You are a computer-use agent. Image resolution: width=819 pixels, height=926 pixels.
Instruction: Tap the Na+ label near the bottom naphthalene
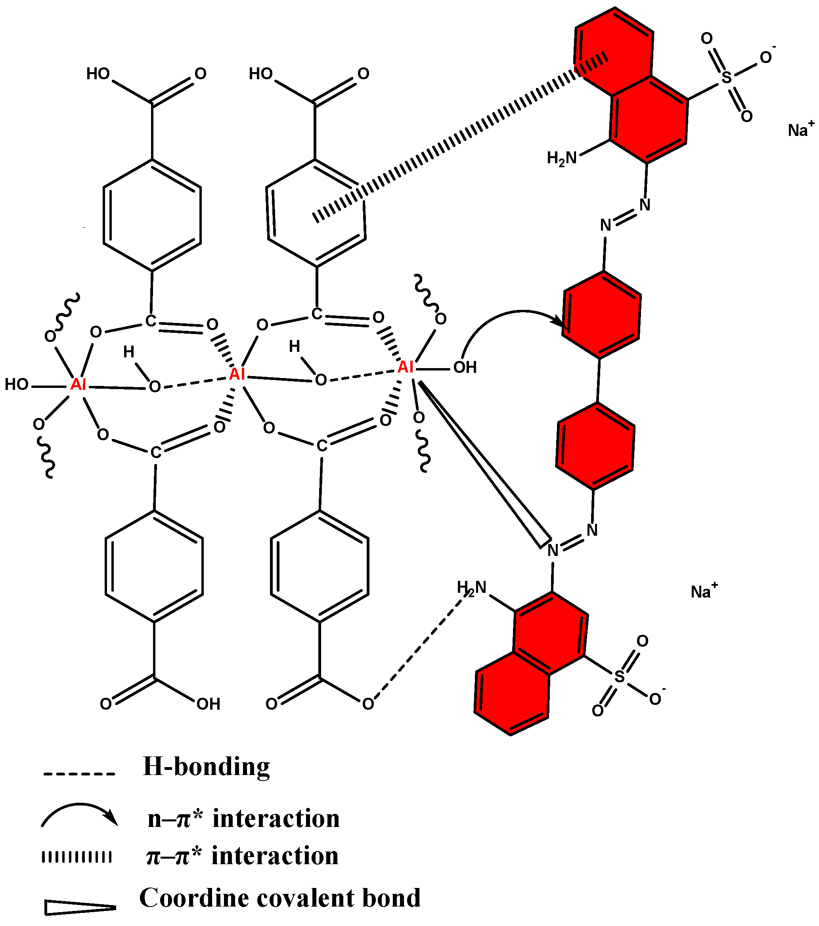click(x=703, y=591)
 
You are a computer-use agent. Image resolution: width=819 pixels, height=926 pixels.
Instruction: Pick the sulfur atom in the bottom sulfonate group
click(x=619, y=677)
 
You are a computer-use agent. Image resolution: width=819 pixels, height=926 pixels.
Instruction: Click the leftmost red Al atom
click(x=78, y=385)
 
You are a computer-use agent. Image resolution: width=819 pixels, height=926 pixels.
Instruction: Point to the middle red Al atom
click(x=237, y=374)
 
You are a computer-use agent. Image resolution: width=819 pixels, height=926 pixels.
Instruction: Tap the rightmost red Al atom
click(x=405, y=367)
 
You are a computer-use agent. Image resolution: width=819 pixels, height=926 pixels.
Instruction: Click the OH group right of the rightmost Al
click(x=465, y=367)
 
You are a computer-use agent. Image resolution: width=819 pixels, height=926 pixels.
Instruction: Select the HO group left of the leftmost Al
click(x=17, y=385)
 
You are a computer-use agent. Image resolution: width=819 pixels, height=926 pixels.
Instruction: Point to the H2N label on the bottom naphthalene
click(x=471, y=588)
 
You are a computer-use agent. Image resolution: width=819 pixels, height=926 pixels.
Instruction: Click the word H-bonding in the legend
click(x=206, y=767)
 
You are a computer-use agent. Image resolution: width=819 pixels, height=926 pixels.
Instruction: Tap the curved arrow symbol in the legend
click(x=80, y=815)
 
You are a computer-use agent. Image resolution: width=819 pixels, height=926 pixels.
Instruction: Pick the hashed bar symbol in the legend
click(x=77, y=857)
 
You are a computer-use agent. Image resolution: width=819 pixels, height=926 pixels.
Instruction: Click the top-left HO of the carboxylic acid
click(x=98, y=73)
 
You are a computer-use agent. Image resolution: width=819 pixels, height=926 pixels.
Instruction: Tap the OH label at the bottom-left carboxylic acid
click(x=209, y=704)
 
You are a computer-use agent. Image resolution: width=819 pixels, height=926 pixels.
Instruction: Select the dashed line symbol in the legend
click(x=79, y=773)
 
